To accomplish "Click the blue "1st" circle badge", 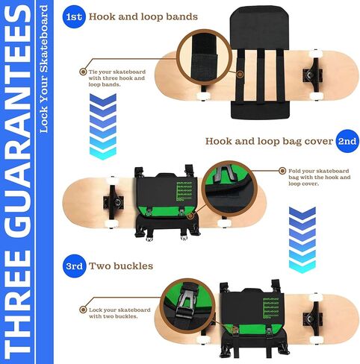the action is click(74, 16).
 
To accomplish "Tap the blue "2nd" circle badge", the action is click(347, 141).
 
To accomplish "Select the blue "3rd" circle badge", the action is click(75, 266).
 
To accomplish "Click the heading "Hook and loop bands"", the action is click(143, 17).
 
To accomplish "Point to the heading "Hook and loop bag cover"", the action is click(269, 142).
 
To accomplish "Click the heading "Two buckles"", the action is click(121, 266).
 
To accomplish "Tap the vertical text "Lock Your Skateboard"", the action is click(43, 69).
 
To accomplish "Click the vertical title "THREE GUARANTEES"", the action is click(17, 182).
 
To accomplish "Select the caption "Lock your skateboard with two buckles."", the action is click(120, 313).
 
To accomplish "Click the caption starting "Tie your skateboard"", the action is click(117, 78).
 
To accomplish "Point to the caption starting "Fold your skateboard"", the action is click(320, 178).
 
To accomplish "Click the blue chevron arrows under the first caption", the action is click(103, 127).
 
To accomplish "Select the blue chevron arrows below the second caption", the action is click(302, 240).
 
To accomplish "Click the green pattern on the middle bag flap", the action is click(184, 191).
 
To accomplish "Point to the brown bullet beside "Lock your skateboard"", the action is click(83, 310).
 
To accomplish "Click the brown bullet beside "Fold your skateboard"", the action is click(282, 171).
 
